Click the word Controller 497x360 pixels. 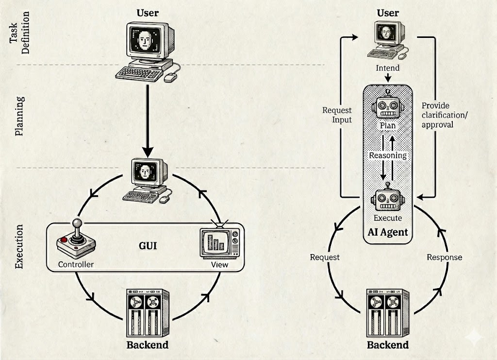point(75,264)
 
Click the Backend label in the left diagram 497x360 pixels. point(147,345)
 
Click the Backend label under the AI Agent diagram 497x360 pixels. point(387,345)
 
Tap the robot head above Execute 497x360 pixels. point(387,198)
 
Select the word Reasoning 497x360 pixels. point(387,155)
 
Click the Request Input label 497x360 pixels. point(337,115)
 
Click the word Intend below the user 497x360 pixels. point(387,68)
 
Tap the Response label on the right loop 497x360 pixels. point(444,257)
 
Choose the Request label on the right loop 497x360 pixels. point(325,257)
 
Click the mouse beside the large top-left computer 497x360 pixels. point(170,76)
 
